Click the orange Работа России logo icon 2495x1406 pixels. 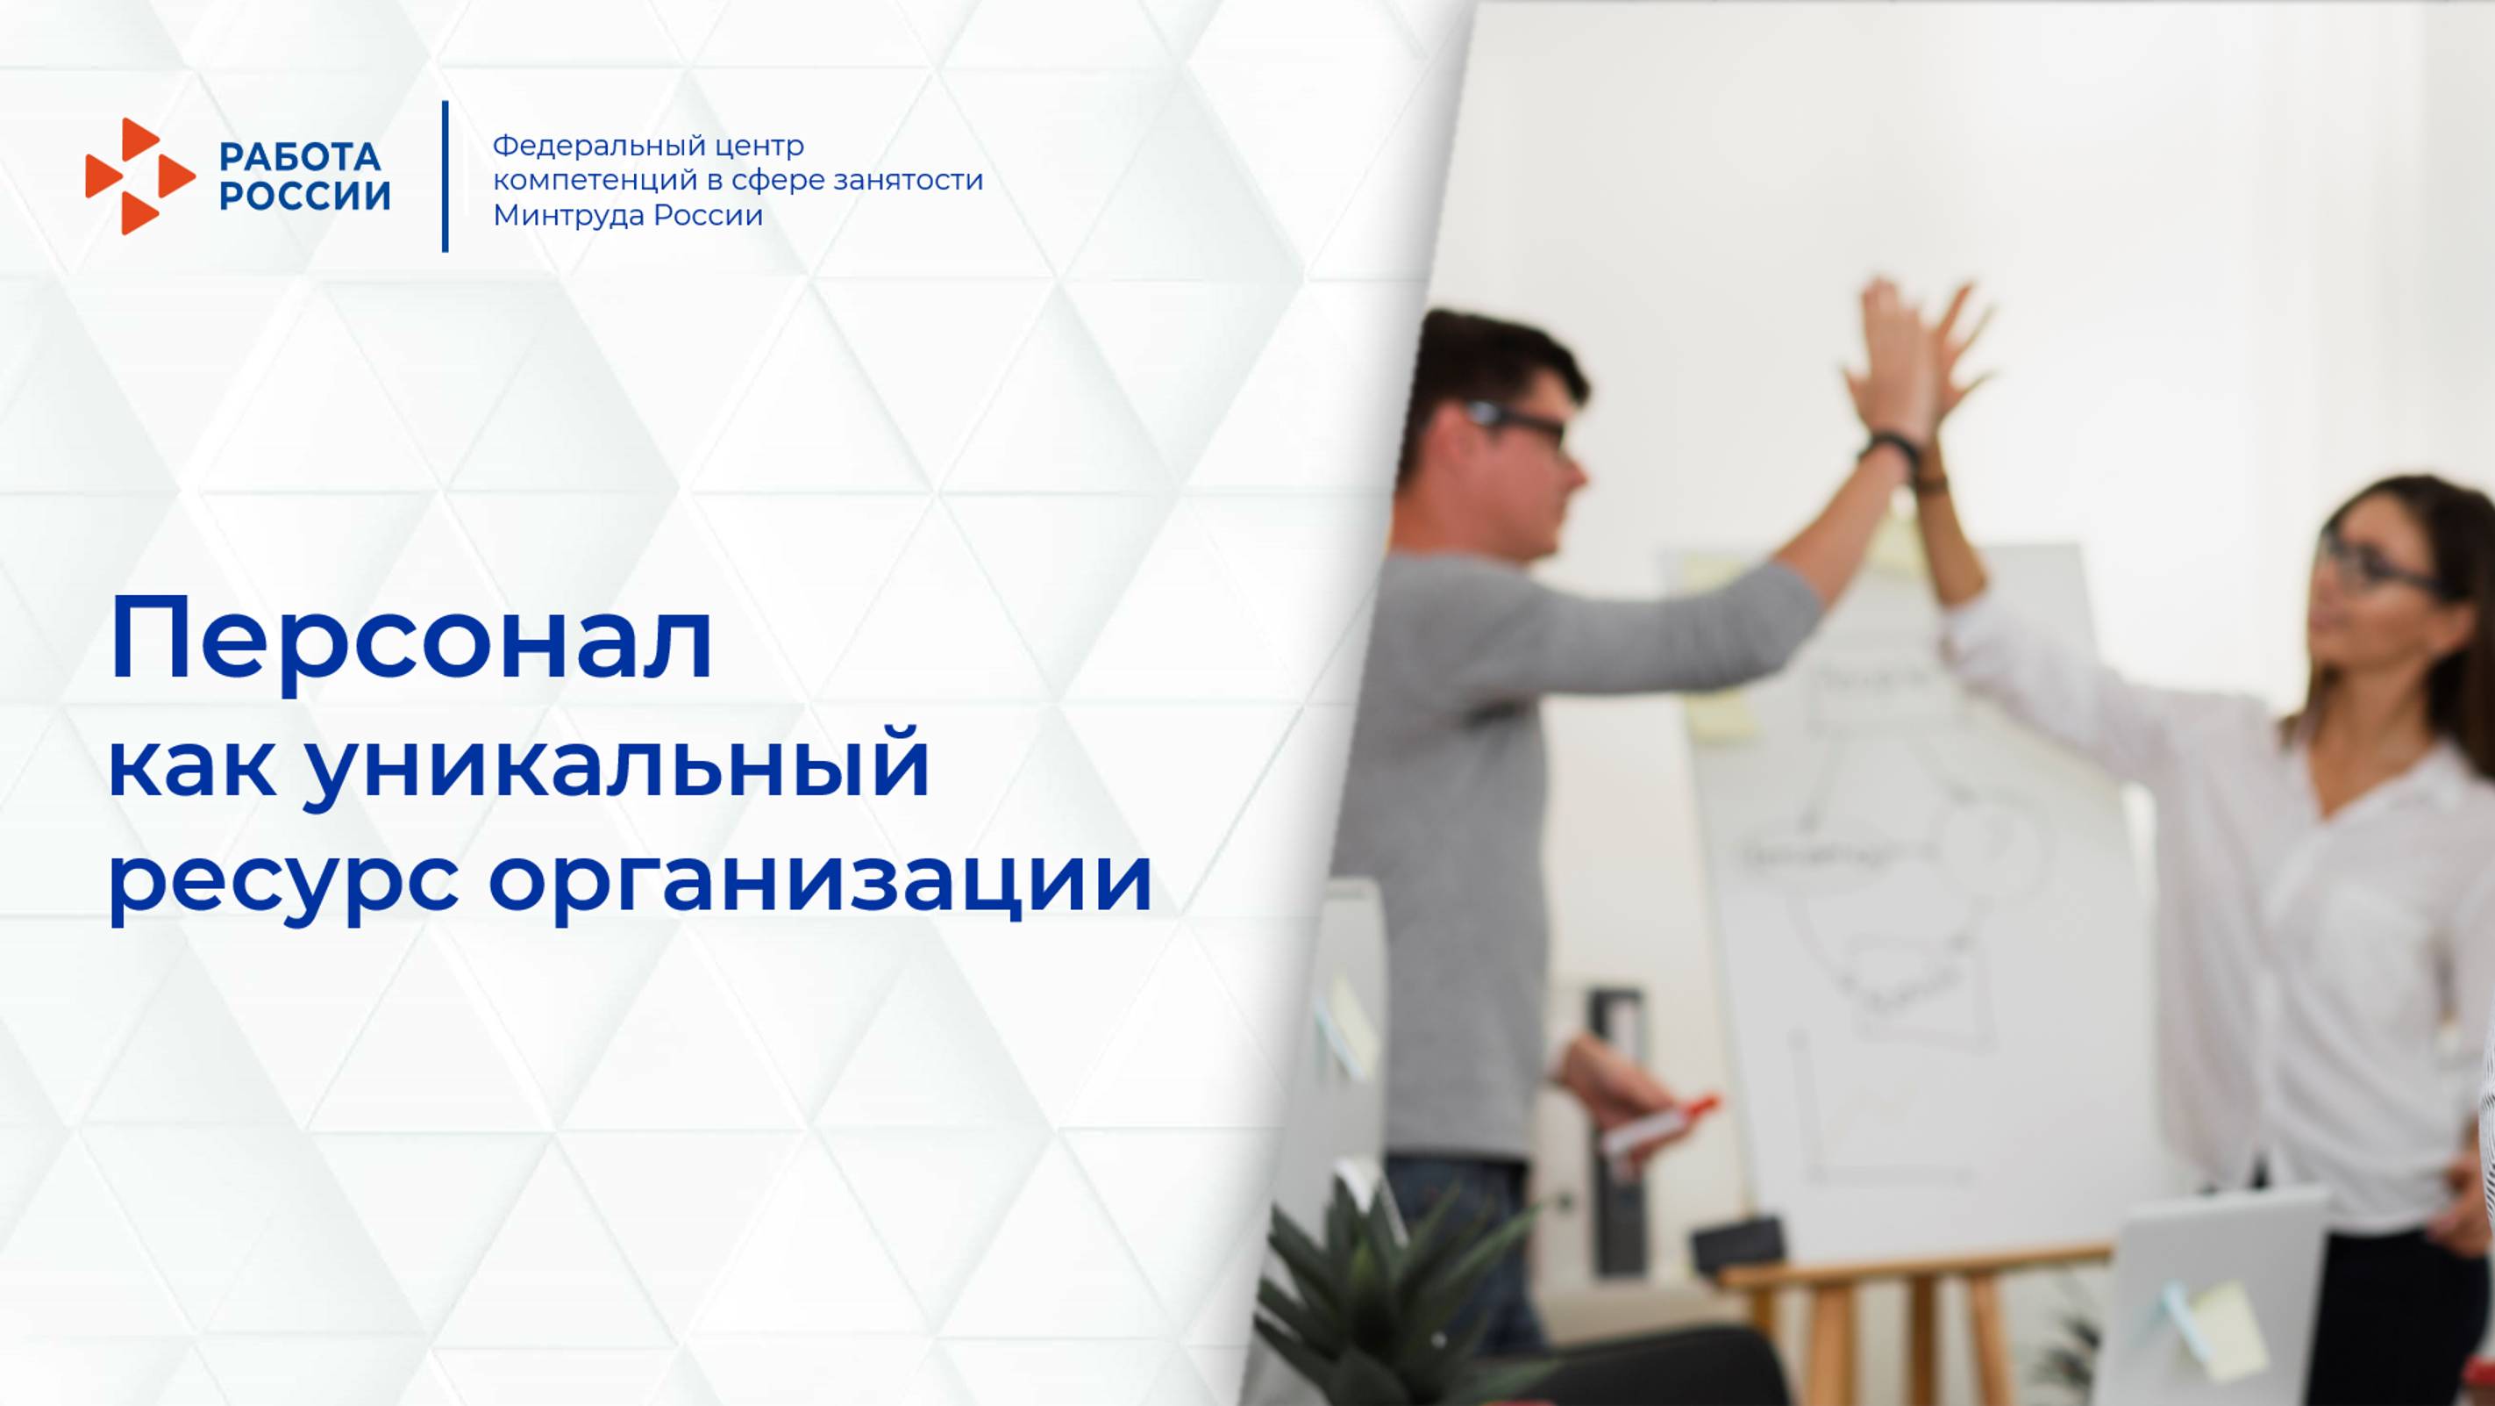139,176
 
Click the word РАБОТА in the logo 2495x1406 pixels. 300,157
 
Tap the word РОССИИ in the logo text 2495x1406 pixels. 304,196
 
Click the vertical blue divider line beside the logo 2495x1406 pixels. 446,176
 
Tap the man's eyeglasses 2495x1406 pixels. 1521,427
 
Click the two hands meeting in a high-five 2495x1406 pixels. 1913,359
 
